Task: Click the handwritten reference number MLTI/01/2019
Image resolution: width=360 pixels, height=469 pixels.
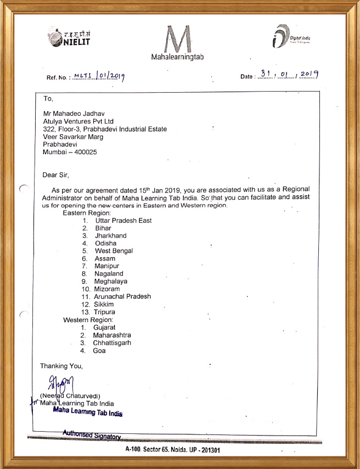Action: coord(99,76)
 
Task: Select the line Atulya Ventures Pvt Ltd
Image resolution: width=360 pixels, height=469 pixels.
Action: coord(79,121)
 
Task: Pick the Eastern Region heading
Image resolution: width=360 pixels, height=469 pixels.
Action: coord(87,213)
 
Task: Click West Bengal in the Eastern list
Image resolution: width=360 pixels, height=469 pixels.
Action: coord(114,251)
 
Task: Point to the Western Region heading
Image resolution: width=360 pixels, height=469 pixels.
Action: coord(88,320)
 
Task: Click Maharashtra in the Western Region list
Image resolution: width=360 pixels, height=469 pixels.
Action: coord(112,335)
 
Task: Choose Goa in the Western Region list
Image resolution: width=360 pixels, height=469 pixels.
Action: coord(99,351)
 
